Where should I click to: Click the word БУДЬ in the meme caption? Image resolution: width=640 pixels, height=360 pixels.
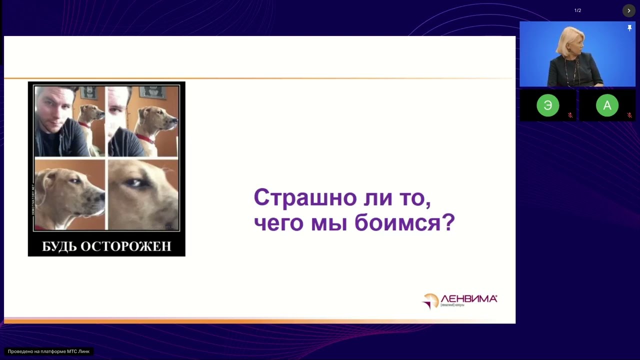(x=58, y=246)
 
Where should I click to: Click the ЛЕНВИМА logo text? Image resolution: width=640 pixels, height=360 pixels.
(x=468, y=298)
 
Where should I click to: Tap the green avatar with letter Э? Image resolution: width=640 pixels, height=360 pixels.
(x=547, y=105)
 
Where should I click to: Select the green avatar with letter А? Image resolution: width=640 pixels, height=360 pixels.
(x=607, y=105)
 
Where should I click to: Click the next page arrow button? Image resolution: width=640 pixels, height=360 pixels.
(x=628, y=10)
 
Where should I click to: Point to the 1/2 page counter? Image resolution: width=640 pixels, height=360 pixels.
(x=577, y=10)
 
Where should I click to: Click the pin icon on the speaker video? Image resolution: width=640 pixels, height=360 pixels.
(x=629, y=28)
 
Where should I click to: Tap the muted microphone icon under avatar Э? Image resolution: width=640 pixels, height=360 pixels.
(x=570, y=115)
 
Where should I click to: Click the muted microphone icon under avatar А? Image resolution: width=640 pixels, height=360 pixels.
(x=629, y=115)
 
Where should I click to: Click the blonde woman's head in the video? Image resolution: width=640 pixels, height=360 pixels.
(x=569, y=42)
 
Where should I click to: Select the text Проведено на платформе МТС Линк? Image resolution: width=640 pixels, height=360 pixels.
(x=48, y=351)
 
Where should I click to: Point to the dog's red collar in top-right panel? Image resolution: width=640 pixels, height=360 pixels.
(x=144, y=138)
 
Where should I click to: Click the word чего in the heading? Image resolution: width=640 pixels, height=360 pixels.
(x=278, y=222)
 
